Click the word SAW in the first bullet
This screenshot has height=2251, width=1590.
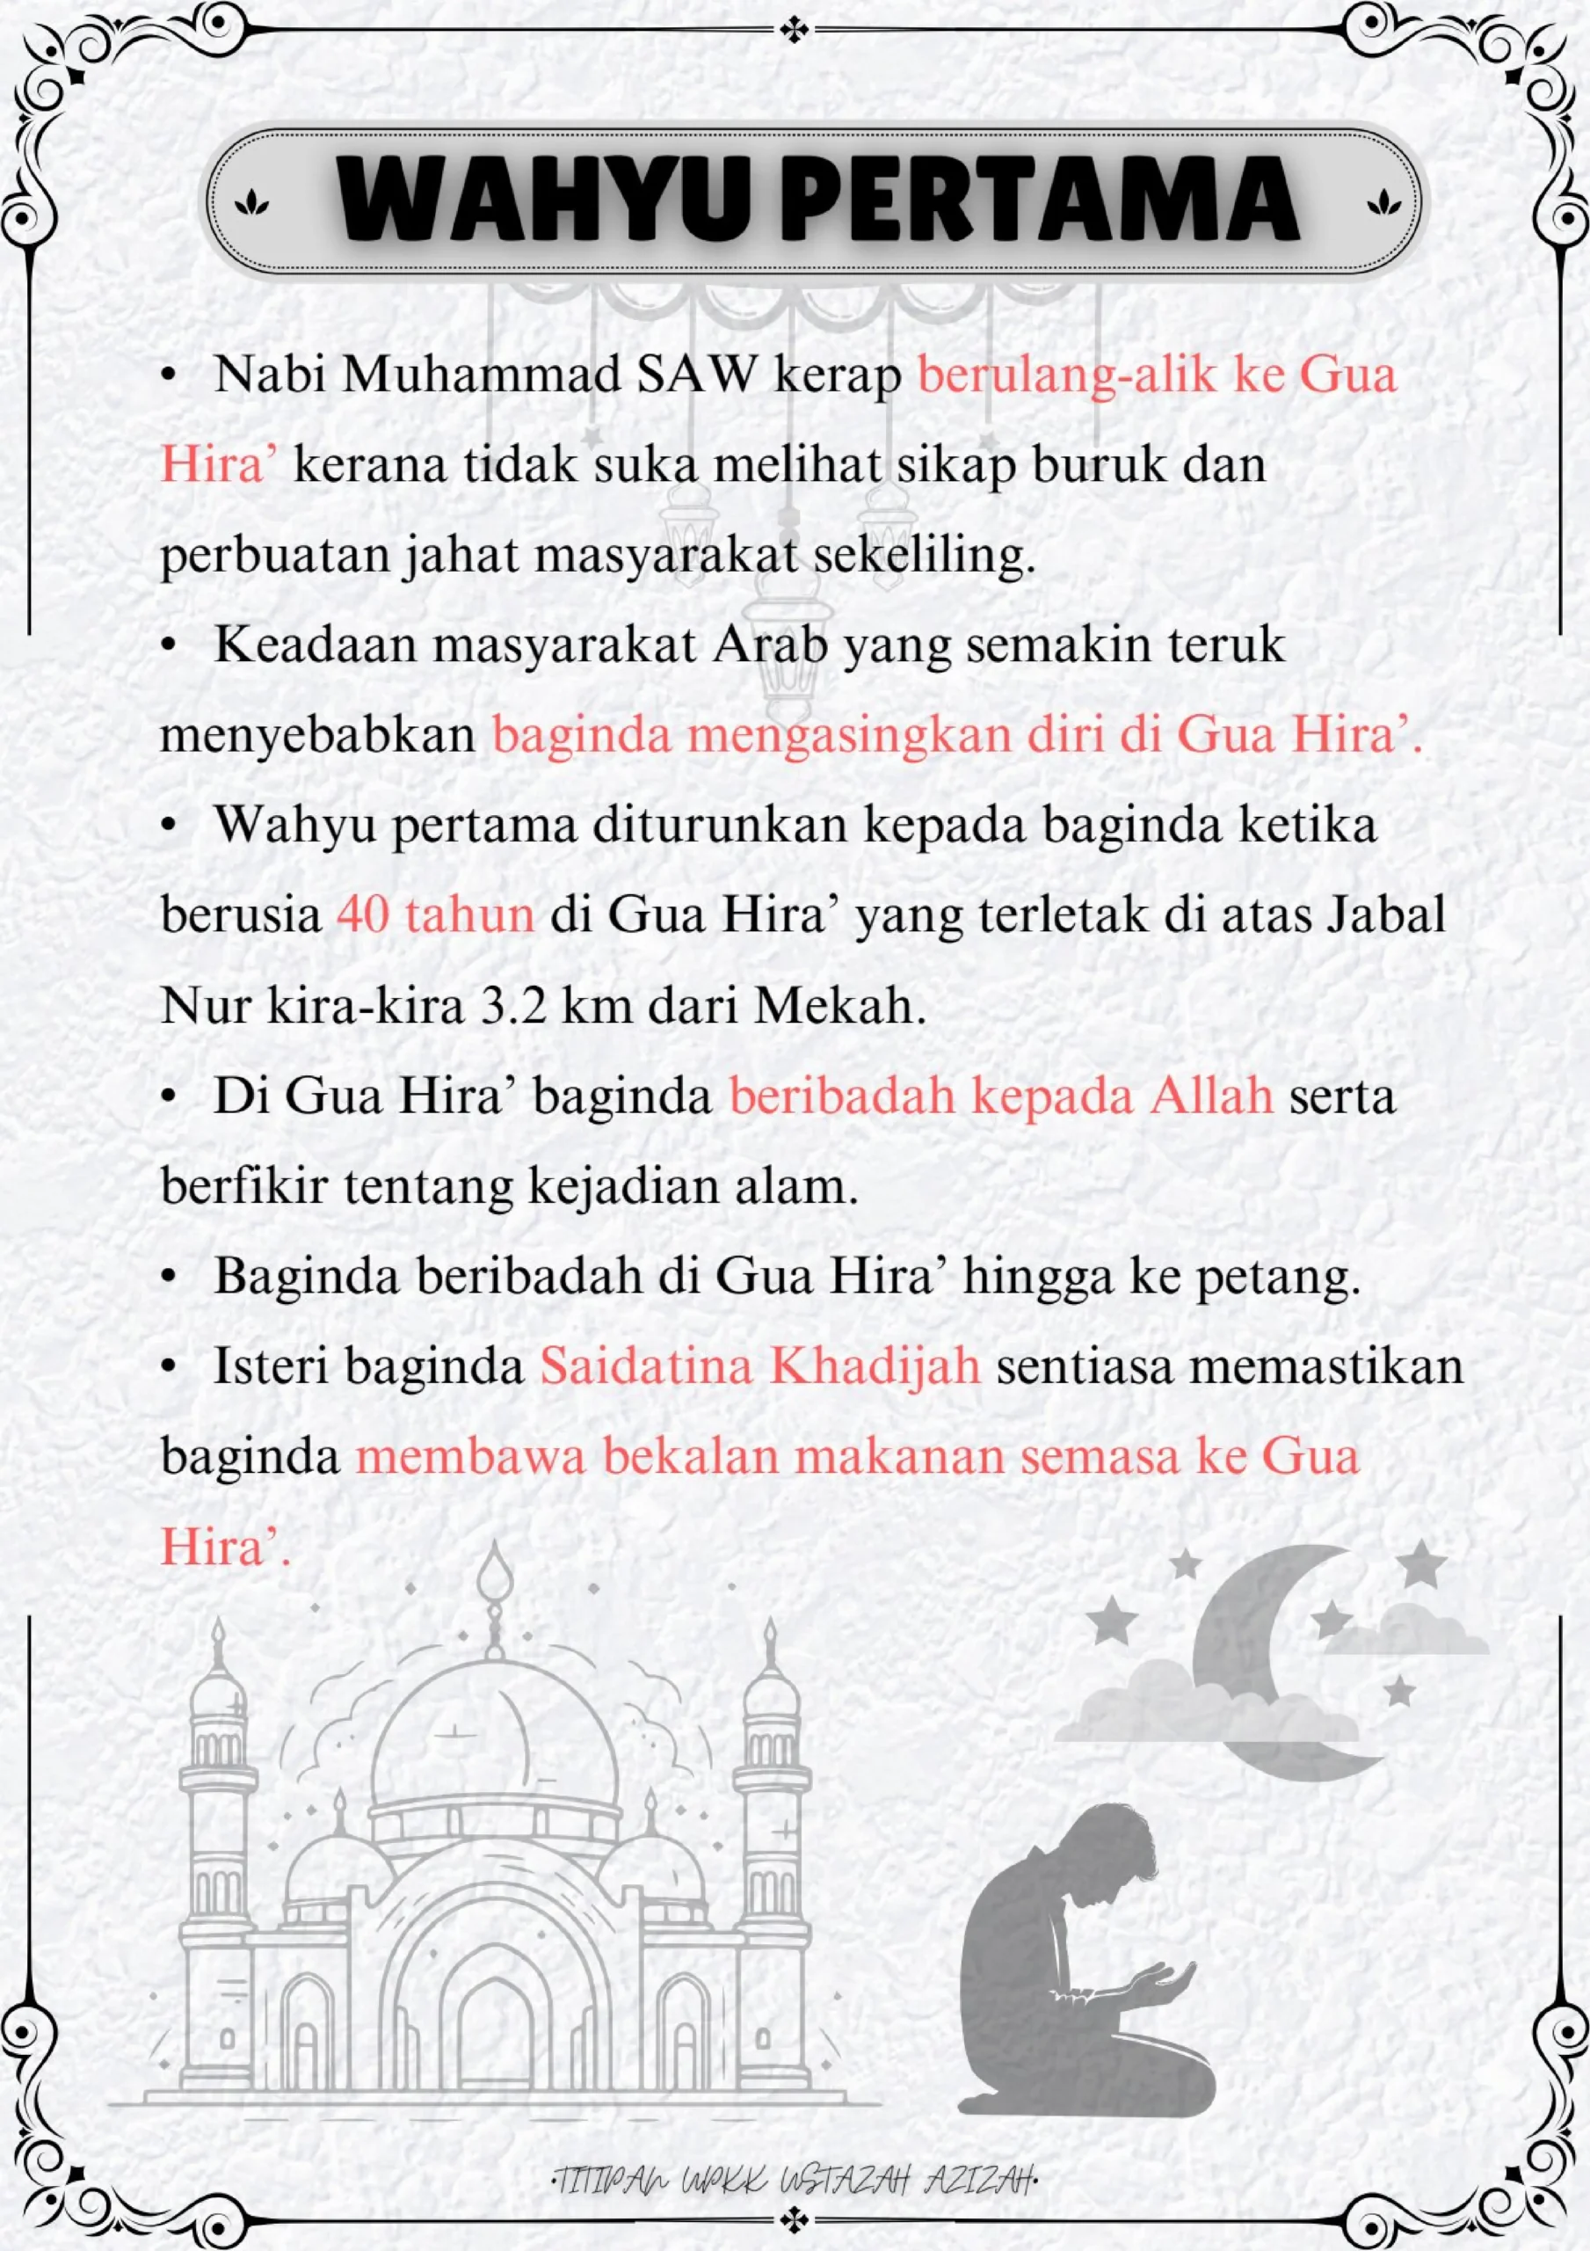coord(697,375)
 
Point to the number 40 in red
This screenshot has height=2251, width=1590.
coord(363,914)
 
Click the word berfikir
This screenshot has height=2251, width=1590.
coord(244,1186)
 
